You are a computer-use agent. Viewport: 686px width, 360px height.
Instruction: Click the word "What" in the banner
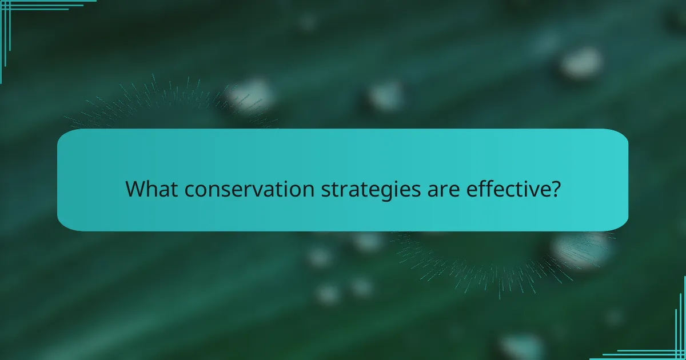(151, 189)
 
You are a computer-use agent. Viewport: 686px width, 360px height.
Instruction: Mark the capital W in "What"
(135, 189)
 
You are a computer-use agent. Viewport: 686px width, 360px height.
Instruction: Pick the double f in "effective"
(486, 189)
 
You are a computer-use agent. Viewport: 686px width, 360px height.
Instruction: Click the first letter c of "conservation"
(189, 190)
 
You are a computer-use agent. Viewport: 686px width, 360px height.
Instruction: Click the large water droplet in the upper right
(581, 62)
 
